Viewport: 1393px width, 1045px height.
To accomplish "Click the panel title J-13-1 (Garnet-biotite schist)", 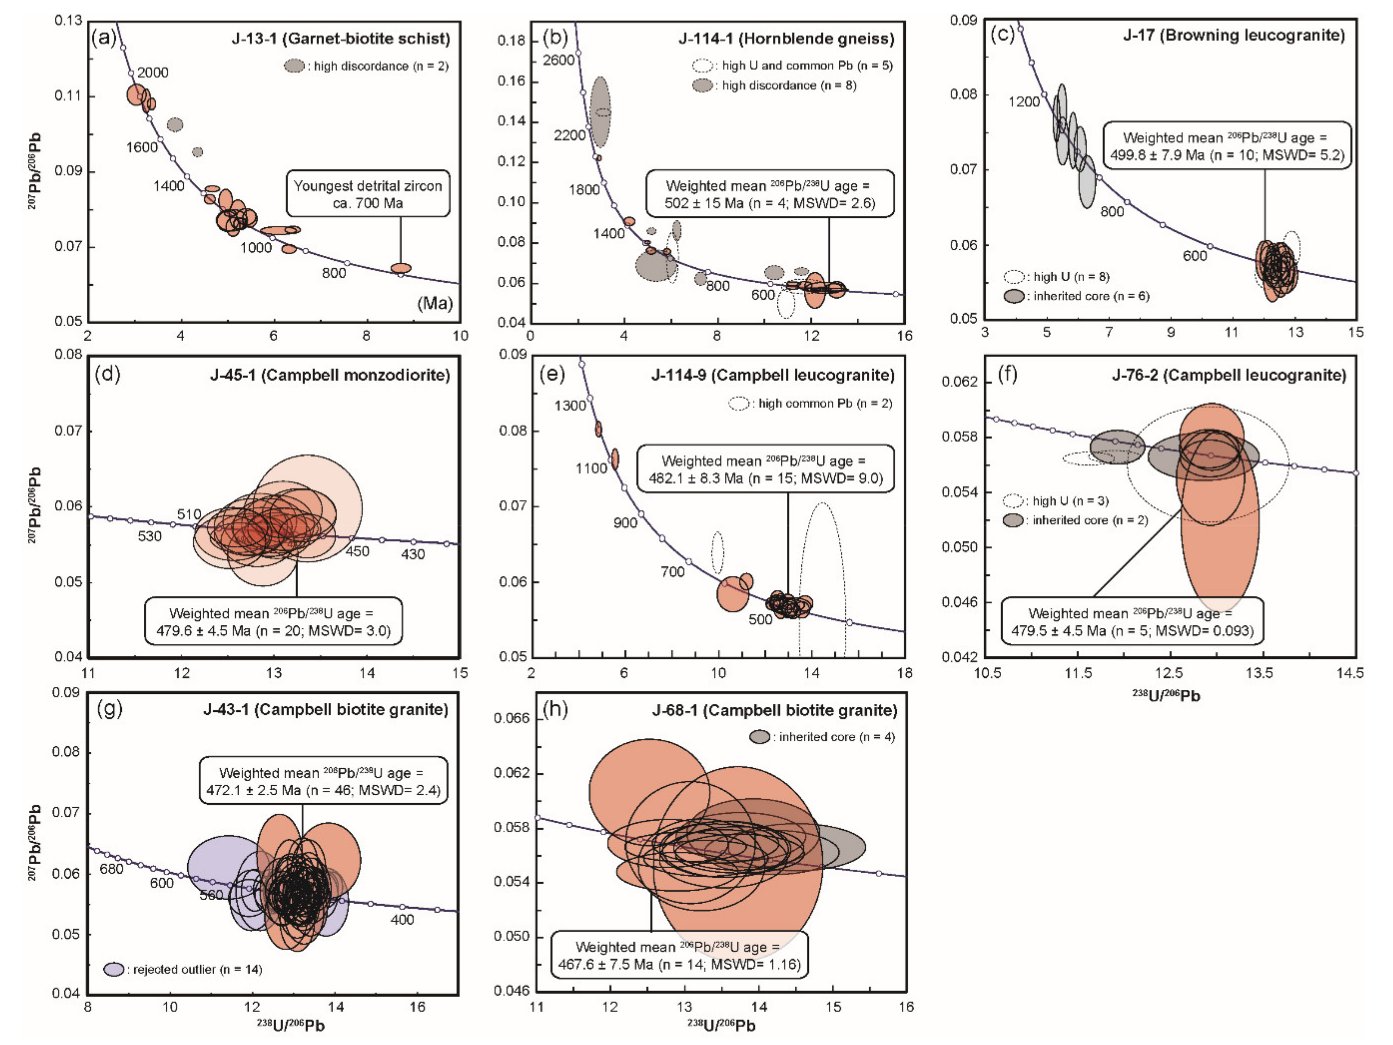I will tap(341, 39).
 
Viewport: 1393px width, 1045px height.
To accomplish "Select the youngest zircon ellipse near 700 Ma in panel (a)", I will tap(401, 268).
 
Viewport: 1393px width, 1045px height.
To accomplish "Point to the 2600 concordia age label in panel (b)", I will tap(559, 60).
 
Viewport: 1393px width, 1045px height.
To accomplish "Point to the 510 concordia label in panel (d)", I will tap(189, 514).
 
